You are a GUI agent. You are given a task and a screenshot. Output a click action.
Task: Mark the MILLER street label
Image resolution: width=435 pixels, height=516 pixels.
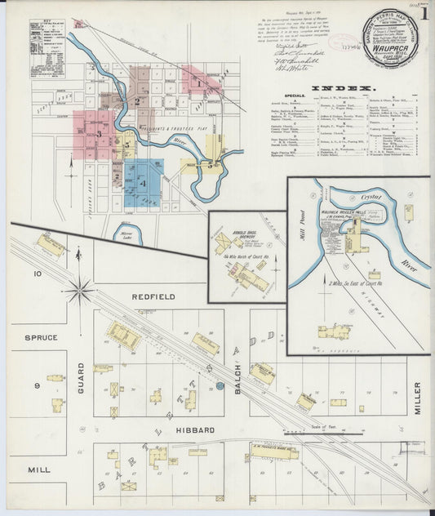417,398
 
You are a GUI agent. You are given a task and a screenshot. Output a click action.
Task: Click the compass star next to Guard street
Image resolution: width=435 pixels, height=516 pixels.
80,287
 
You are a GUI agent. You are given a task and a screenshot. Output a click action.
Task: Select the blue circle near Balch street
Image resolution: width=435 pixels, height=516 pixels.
219,386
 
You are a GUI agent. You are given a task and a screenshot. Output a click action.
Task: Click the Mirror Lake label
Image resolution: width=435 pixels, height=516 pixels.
129,234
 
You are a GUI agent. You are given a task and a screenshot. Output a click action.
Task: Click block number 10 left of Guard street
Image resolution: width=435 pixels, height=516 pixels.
37,274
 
